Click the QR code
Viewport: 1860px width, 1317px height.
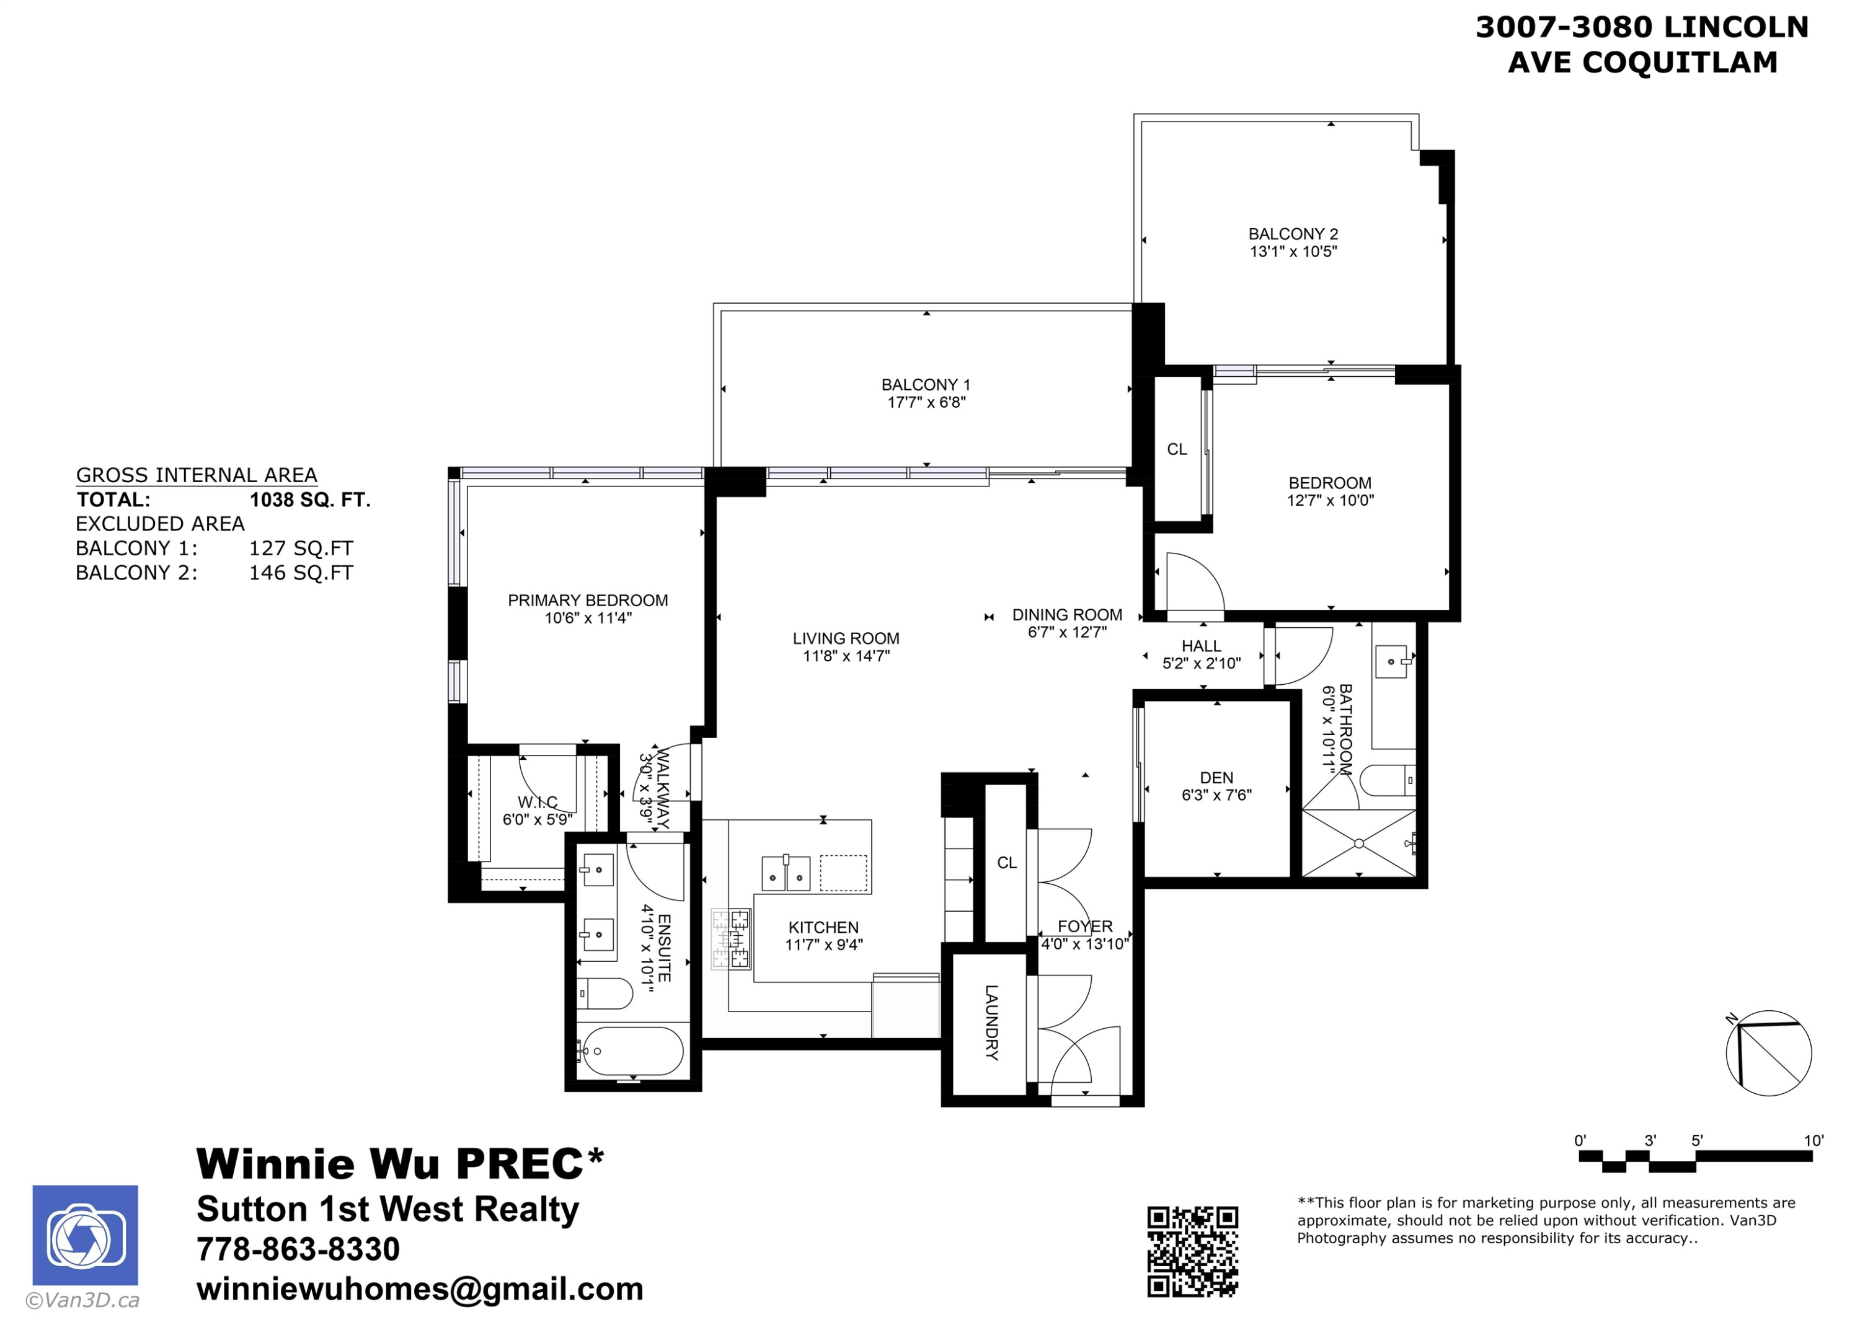click(x=1192, y=1251)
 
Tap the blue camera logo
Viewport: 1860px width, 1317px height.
click(x=85, y=1235)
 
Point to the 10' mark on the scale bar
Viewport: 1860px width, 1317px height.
click(x=1813, y=1140)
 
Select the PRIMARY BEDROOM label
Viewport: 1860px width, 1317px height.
click(x=588, y=600)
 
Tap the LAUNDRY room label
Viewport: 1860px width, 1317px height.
click(x=991, y=1023)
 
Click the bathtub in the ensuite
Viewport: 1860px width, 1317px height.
click(x=632, y=1051)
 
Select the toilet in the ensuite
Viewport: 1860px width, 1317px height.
click(x=604, y=993)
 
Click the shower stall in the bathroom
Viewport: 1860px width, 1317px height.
click(x=1358, y=843)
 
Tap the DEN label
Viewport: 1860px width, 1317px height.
click(x=1216, y=778)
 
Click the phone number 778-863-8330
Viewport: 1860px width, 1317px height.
click(x=298, y=1249)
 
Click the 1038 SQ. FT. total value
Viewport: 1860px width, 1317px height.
click(x=310, y=500)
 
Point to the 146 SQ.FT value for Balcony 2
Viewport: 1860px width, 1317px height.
click(x=301, y=573)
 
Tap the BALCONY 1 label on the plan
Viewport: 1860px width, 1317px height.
click(x=926, y=384)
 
